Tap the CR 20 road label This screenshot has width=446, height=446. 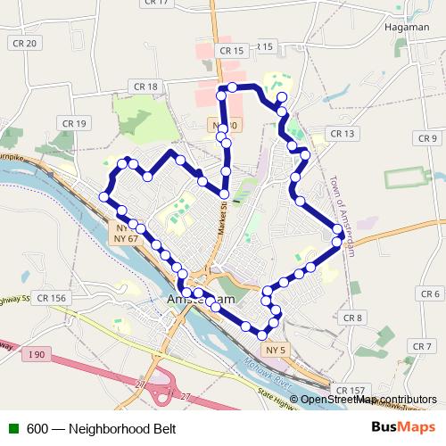(x=24, y=44)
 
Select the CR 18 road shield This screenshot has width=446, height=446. (x=147, y=87)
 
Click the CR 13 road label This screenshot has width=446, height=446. (x=342, y=134)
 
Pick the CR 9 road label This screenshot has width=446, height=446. (x=427, y=138)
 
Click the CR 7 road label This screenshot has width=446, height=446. (x=423, y=346)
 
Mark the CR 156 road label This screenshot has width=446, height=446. (x=53, y=298)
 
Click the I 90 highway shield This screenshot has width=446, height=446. (x=36, y=356)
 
